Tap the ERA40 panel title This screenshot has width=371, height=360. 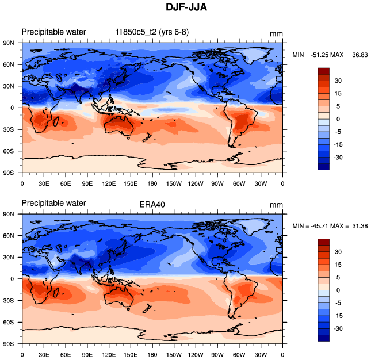coord(148,204)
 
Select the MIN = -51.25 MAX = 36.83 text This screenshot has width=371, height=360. coord(330,55)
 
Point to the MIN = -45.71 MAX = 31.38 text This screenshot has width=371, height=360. coord(330,225)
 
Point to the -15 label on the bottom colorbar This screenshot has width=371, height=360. coord(340,316)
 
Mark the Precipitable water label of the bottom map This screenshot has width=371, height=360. coord(53,203)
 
